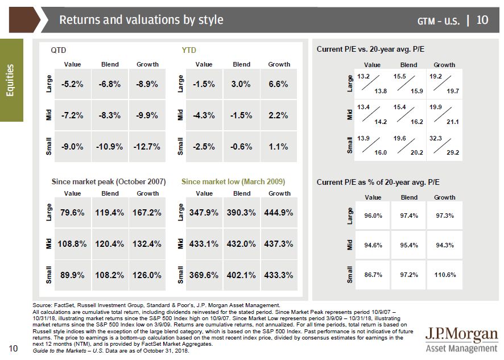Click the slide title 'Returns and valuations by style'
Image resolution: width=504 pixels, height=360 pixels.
pyautogui.click(x=141, y=20)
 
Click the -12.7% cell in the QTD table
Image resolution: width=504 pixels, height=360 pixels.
pyautogui.click(x=147, y=146)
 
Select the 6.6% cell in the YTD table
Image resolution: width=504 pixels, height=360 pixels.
pyautogui.click(x=278, y=84)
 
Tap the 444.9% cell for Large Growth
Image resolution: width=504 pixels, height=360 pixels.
pyautogui.click(x=279, y=212)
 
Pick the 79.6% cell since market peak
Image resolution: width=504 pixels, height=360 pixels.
pyautogui.click(x=72, y=212)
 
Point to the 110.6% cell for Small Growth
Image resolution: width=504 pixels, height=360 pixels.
pyautogui.click(x=444, y=275)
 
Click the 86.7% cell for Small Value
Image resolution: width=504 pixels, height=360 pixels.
pyautogui.click(x=373, y=275)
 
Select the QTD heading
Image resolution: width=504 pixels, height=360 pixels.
pyautogui.click(x=59, y=50)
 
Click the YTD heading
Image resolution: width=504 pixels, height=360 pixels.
pyautogui.click(x=189, y=50)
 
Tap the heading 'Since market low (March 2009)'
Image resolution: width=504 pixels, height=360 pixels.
pyautogui.click(x=233, y=182)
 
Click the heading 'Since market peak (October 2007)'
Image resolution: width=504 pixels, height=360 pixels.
pyautogui.click(x=109, y=182)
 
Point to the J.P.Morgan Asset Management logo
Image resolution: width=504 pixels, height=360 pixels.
pyautogui.click(x=461, y=339)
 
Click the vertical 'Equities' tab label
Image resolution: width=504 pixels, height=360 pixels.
pyautogui.click(x=11, y=80)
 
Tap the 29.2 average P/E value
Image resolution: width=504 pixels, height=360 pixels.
pyautogui.click(x=452, y=152)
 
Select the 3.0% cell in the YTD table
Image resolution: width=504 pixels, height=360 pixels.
pyautogui.click(x=241, y=84)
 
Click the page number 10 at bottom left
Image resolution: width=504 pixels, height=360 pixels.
pyautogui.click(x=11, y=348)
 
